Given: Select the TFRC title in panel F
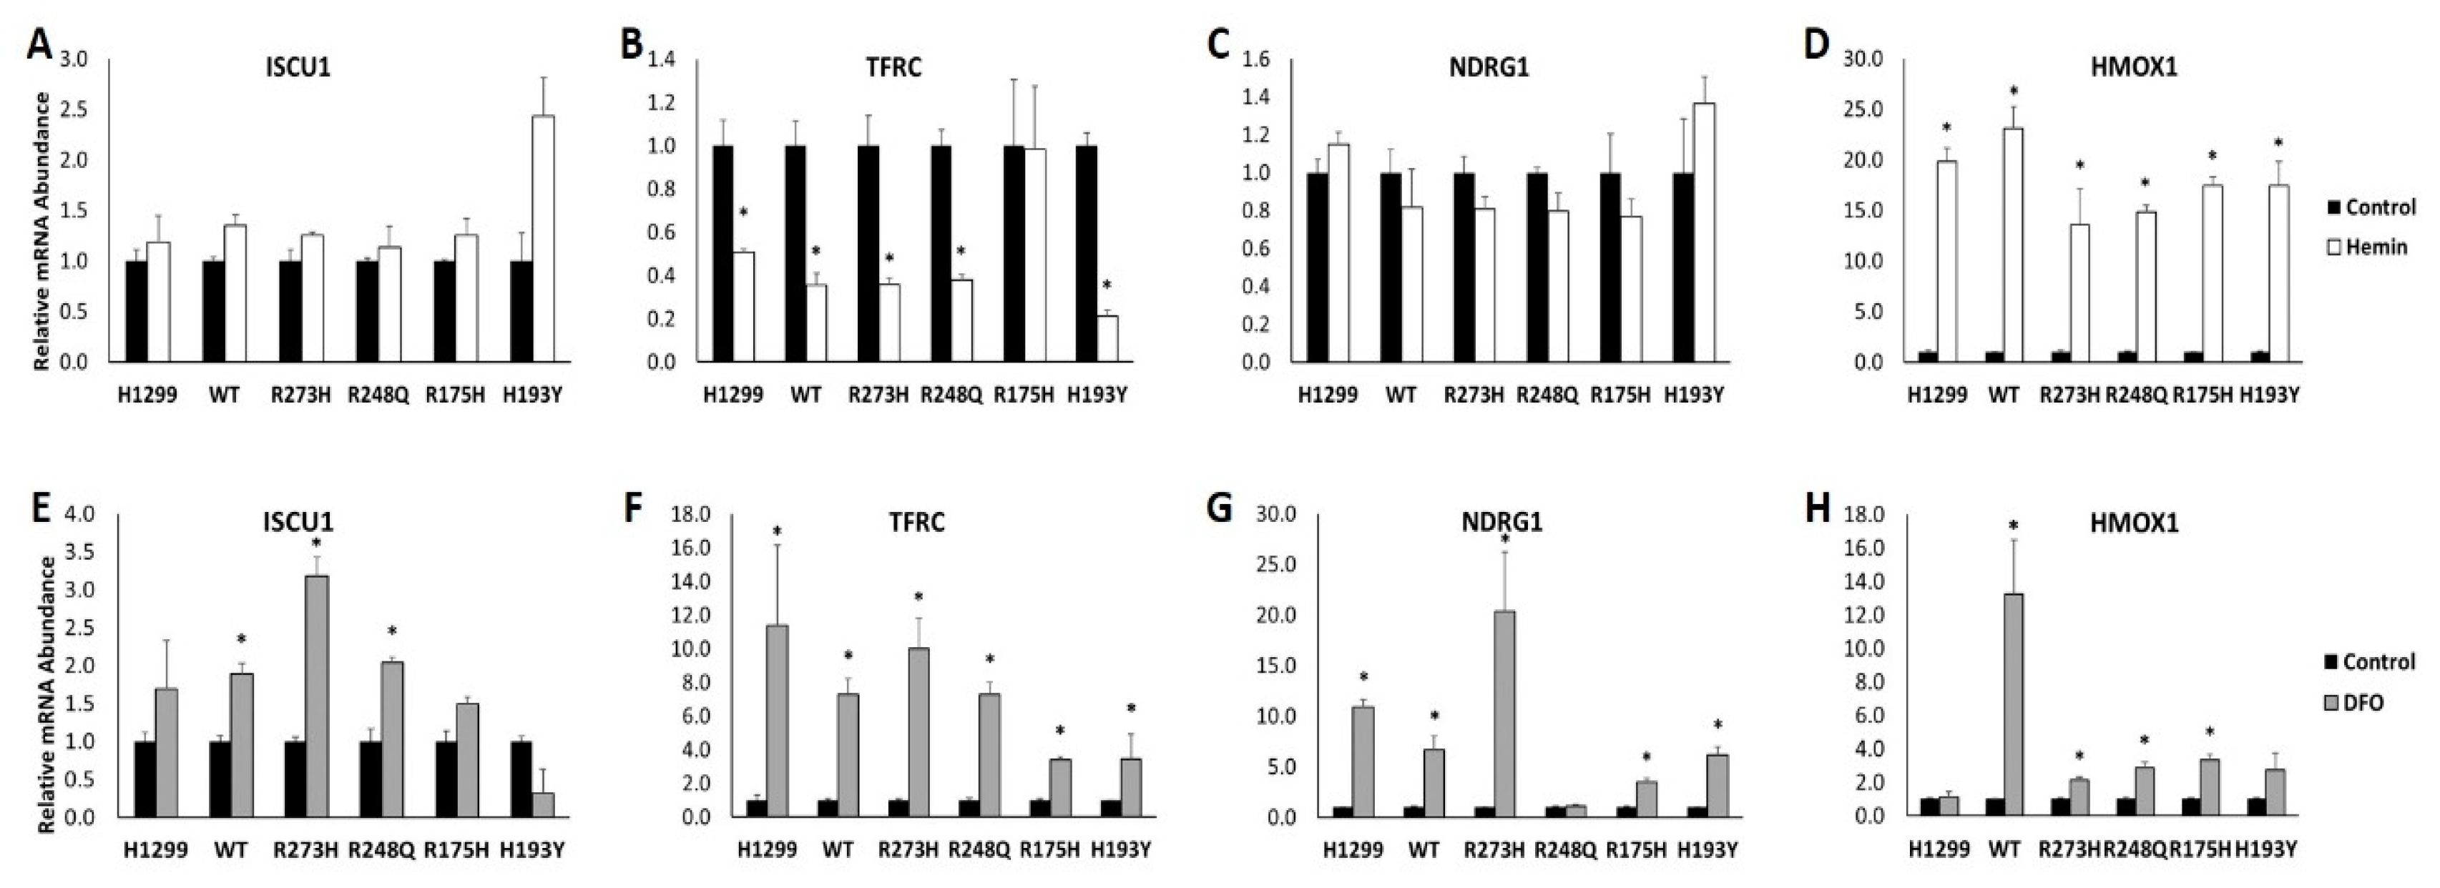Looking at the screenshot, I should click(917, 522).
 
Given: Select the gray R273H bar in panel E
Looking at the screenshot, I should click(316, 696).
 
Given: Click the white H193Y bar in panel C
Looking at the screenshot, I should click(1704, 233).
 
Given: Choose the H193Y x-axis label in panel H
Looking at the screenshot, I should click(2265, 850).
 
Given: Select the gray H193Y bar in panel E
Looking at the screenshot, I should click(543, 804).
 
